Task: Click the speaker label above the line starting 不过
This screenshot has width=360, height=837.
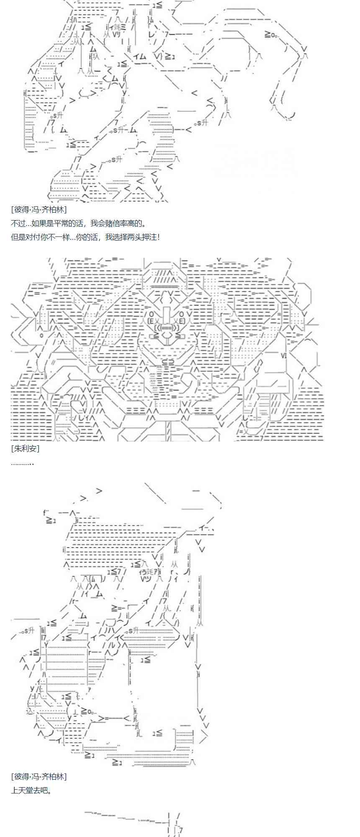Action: [x=39, y=210]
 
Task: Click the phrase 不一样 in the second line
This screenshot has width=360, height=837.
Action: [x=59, y=237]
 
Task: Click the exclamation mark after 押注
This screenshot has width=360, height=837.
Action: [x=159, y=237]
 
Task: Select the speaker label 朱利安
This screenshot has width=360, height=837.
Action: [x=26, y=449]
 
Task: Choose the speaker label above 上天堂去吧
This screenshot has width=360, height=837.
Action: [x=39, y=777]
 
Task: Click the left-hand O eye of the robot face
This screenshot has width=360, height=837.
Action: [x=151, y=313]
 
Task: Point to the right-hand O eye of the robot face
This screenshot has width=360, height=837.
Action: [x=182, y=313]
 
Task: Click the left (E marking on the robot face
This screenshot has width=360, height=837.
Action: [x=150, y=321]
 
